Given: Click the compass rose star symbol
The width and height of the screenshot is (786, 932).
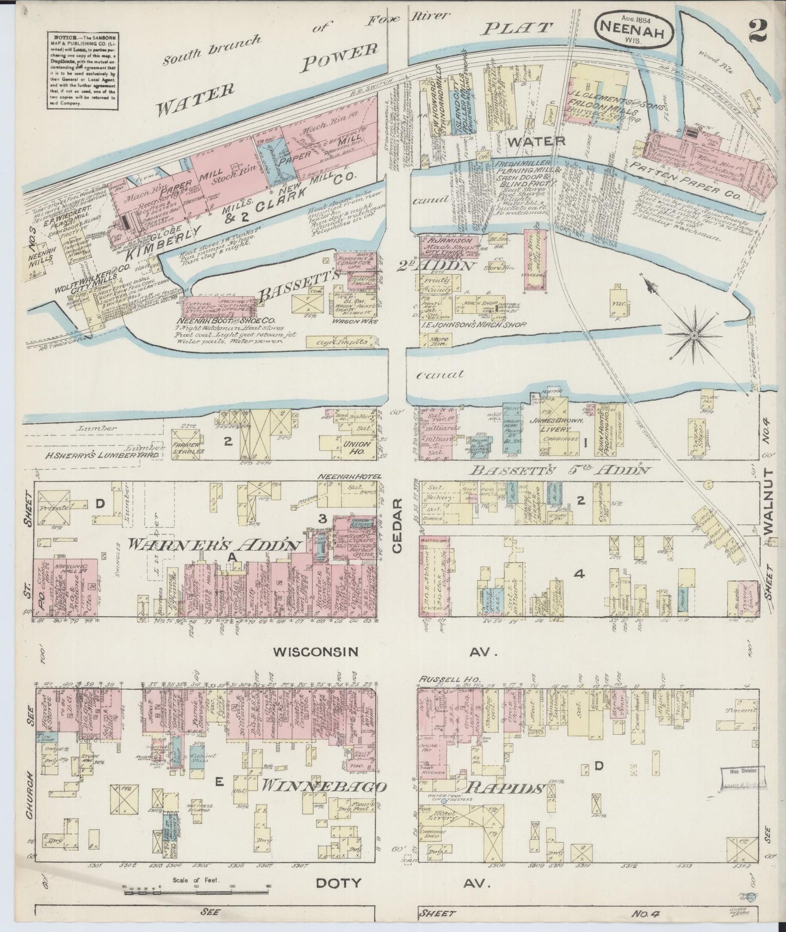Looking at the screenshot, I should (x=694, y=337).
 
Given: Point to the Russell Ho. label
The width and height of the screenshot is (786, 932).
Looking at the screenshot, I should (x=439, y=679).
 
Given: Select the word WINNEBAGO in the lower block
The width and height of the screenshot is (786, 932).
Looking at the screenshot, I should (x=324, y=787).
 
